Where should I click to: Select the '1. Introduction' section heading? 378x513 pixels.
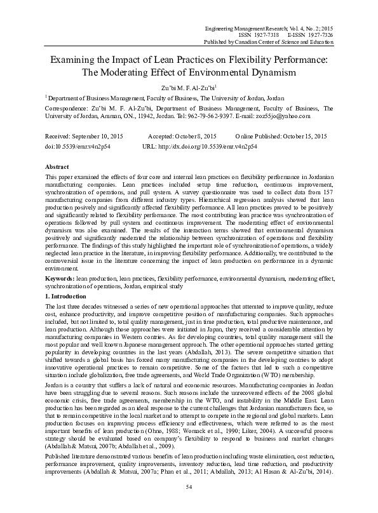click(x=66, y=297)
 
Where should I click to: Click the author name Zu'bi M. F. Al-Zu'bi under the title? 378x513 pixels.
click(x=188, y=88)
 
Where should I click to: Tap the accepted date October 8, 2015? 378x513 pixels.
click(x=196, y=137)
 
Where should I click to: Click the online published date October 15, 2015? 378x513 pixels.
click(x=304, y=137)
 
